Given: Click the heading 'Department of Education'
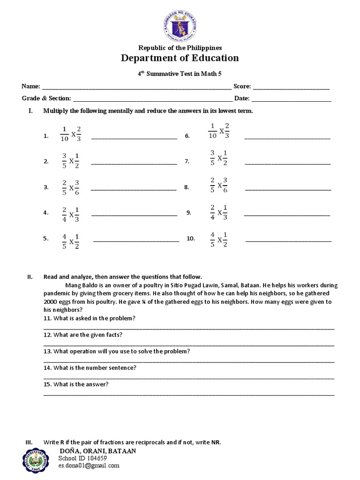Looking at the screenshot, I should (180, 58).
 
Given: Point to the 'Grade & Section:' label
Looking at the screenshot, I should (46, 98).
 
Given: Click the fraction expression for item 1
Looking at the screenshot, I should (70, 133).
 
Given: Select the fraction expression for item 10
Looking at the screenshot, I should (219, 239).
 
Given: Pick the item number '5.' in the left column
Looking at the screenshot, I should (46, 239).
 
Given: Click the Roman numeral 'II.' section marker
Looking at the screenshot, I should (30, 277).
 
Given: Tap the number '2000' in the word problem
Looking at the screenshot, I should (51, 302).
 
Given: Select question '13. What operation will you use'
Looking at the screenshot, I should (117, 351).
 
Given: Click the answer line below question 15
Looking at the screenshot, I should (189, 395).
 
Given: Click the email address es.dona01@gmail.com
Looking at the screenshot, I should (89, 465).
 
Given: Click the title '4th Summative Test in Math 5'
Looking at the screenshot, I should (180, 74).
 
